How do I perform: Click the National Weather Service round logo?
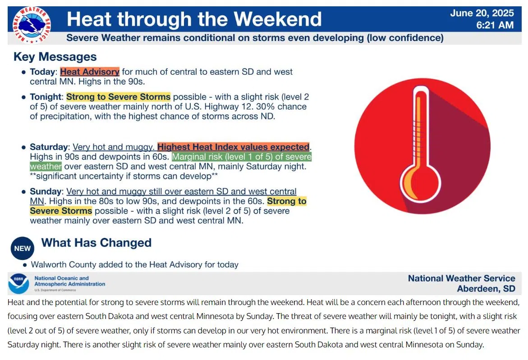pos(32,25)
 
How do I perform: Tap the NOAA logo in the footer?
pos(18,283)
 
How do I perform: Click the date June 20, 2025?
pos(482,13)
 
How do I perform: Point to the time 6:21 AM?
pos(495,25)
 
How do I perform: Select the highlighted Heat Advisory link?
pos(90,72)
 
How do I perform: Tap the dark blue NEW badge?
pos(22,248)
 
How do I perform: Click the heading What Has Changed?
pos(96,242)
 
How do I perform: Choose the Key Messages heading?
pos(55,56)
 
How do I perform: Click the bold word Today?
pos(42,72)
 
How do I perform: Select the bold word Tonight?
pos(46,97)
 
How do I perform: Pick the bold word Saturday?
pos(49,147)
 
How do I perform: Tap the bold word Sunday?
pos(46,191)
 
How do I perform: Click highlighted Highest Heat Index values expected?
pos(234,147)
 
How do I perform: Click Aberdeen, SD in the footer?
pos(486,289)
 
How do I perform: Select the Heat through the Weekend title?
pos(194,19)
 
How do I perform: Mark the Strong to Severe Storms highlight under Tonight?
pos(118,97)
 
